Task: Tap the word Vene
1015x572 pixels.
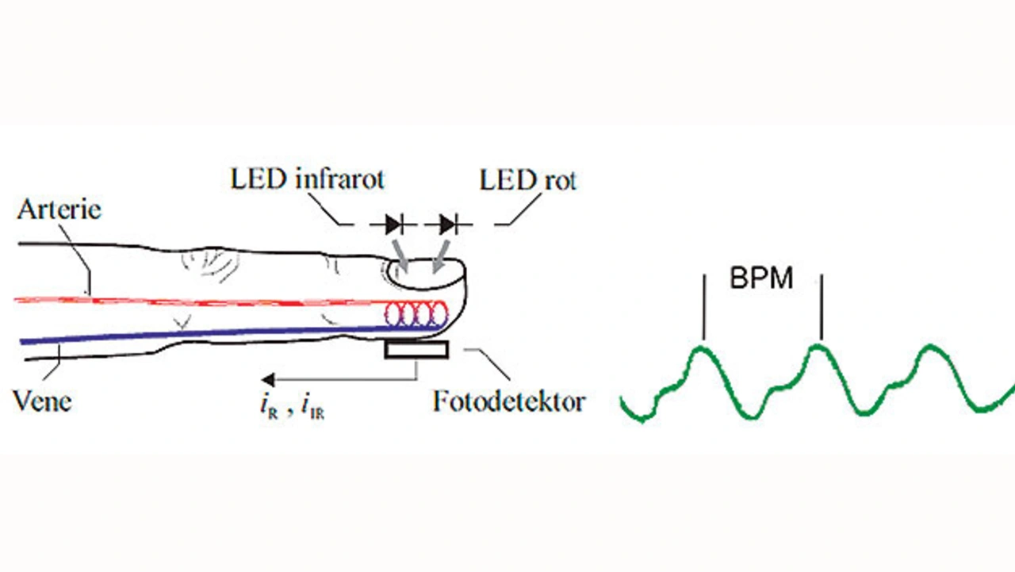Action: coord(42,401)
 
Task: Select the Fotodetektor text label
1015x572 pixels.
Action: coord(508,401)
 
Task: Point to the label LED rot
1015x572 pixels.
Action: coord(527,180)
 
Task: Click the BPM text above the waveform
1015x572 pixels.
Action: coord(761,279)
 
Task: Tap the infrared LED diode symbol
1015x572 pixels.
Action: coord(393,225)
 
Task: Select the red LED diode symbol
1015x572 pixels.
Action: coord(448,225)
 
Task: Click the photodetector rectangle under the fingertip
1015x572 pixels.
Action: coord(416,350)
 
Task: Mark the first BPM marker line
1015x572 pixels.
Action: coord(703,305)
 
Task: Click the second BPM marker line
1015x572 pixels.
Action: coord(822,305)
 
